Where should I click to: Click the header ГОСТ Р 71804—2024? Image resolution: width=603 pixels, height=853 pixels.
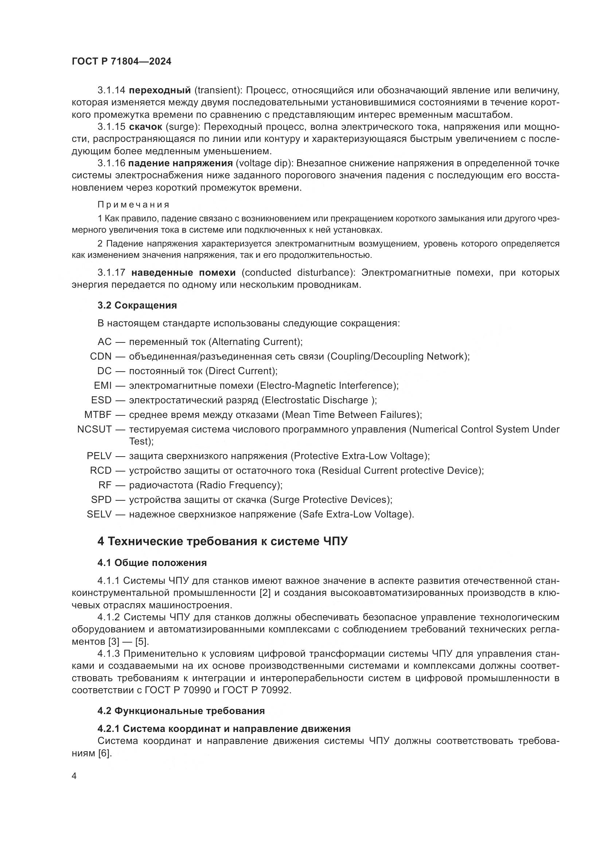(x=121, y=62)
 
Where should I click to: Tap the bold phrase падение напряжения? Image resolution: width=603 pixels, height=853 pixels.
(x=180, y=163)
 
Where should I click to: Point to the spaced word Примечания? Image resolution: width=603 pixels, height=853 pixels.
(x=133, y=205)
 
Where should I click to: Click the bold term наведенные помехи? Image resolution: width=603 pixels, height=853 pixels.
(x=183, y=273)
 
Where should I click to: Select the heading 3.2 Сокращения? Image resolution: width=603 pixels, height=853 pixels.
(x=137, y=305)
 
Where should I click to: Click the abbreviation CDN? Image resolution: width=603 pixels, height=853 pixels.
(x=101, y=357)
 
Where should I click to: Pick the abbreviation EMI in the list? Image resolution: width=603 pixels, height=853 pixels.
(x=103, y=385)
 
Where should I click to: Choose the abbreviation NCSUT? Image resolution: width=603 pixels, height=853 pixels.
(x=94, y=430)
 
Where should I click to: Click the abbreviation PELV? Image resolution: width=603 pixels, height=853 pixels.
(x=99, y=456)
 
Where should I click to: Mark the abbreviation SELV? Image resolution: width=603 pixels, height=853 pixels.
(x=99, y=515)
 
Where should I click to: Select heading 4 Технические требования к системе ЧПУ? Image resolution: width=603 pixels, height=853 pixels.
(x=222, y=542)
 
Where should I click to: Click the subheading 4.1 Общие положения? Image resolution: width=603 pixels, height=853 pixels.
(x=152, y=563)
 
